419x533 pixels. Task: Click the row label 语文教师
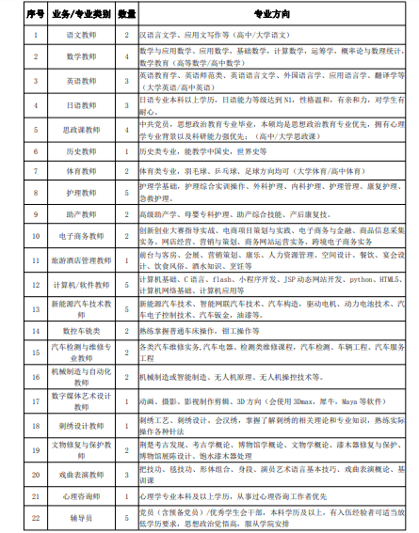pyautogui.click(x=82, y=35)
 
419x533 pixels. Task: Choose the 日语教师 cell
pyautogui.click(x=82, y=105)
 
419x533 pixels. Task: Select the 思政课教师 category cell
pyautogui.click(x=82, y=129)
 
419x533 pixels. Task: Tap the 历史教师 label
pyautogui.click(x=82, y=149)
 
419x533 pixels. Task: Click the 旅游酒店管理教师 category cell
pyautogui.click(x=82, y=260)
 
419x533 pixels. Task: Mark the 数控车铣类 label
pyautogui.click(x=82, y=330)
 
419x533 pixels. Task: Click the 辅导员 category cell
pyautogui.click(x=82, y=516)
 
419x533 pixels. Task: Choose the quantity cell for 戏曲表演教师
pyautogui.click(x=127, y=473)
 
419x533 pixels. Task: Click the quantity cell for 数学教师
pyautogui.click(x=127, y=57)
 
